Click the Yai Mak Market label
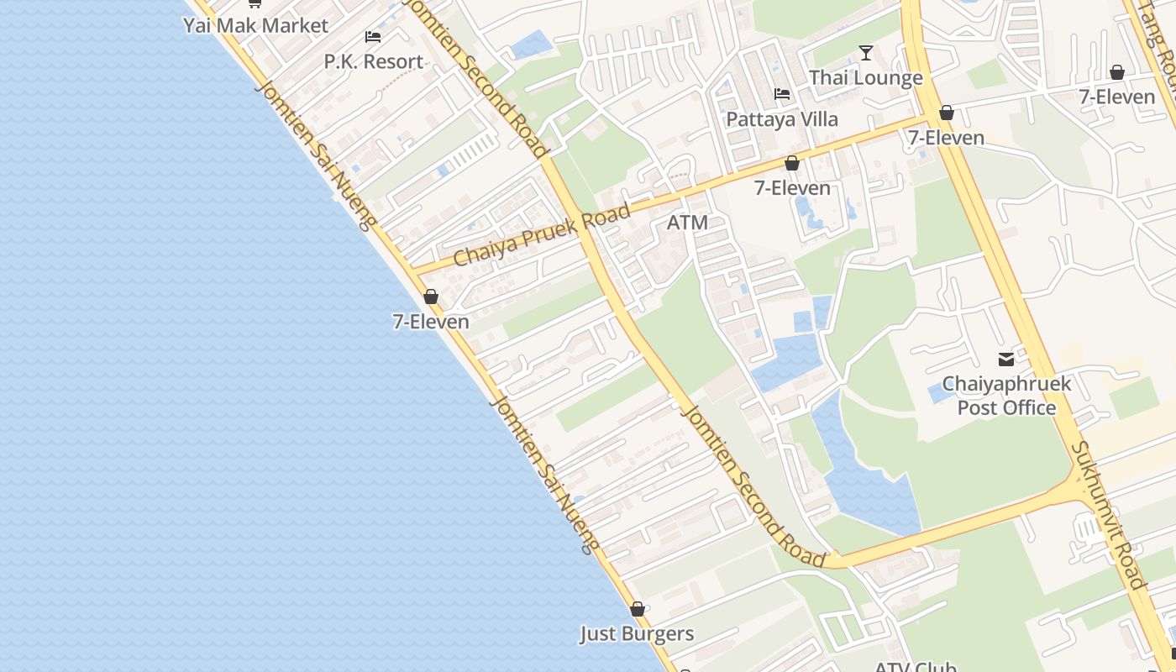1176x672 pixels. click(x=255, y=25)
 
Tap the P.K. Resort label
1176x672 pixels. click(x=374, y=61)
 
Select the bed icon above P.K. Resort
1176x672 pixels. click(x=373, y=37)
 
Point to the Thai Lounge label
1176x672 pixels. click(x=865, y=78)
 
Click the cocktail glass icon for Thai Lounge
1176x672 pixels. click(x=866, y=54)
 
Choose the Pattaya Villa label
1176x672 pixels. click(x=782, y=119)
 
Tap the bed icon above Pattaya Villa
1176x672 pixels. click(x=782, y=94)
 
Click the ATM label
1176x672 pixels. click(x=687, y=223)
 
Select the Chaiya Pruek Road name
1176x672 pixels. click(x=541, y=234)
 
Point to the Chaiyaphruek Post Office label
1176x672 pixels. click(x=1006, y=396)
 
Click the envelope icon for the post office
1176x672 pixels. click(x=1006, y=360)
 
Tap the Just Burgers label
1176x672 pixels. click(x=637, y=633)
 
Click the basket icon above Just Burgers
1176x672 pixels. click(x=638, y=609)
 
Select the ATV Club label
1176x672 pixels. click(x=916, y=667)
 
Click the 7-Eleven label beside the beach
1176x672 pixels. click(x=431, y=322)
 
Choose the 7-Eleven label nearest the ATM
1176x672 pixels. click(x=792, y=188)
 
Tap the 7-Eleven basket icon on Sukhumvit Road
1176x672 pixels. click(x=947, y=113)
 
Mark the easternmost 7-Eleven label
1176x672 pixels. click(x=1117, y=97)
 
